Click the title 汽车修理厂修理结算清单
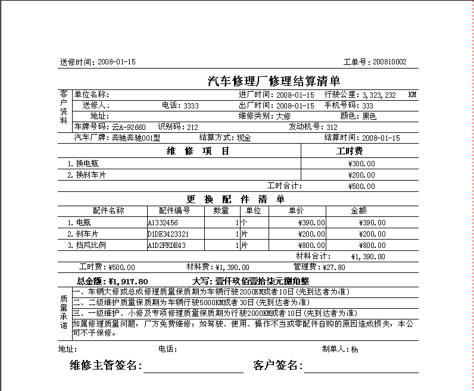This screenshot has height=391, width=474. tap(273, 82)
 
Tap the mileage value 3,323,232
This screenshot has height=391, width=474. tap(379, 95)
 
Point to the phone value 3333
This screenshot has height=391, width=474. tap(191, 105)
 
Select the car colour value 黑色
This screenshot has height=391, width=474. tap(369, 116)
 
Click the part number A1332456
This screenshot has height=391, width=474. tap(163, 222)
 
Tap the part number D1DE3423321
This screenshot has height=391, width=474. tap(168, 234)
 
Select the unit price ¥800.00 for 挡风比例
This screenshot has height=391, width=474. tap(311, 245)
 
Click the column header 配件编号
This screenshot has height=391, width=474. tap(174, 210)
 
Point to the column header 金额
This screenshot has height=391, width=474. tap(359, 210)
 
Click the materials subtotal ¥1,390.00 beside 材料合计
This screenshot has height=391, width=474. tap(369, 257)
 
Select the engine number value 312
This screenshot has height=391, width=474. tap(332, 127)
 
